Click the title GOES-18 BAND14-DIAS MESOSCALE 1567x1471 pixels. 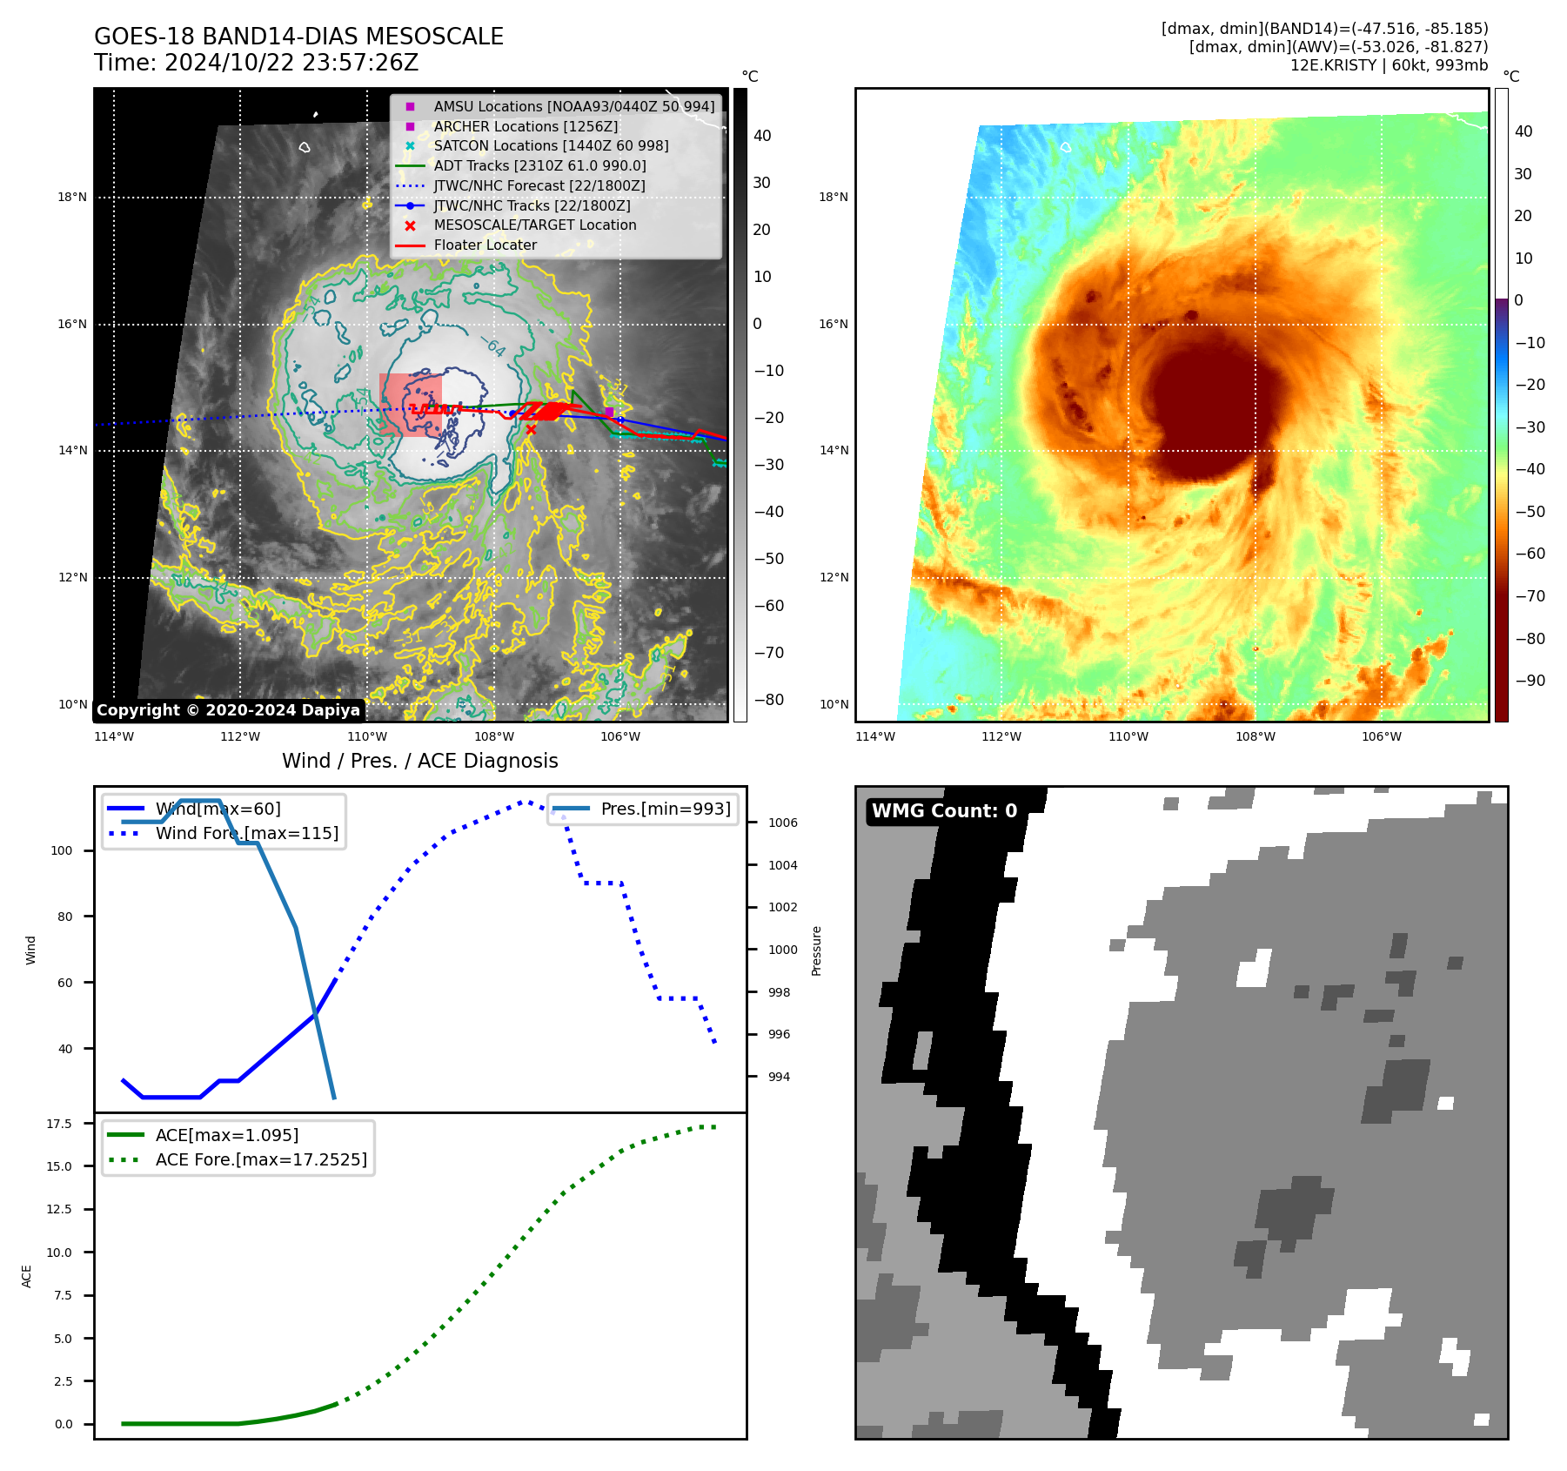pos(298,37)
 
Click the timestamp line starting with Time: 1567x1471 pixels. pos(256,63)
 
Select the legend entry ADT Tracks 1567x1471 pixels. pos(539,165)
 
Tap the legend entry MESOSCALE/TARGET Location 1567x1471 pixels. pos(534,225)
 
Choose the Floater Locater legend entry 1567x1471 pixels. pos(485,245)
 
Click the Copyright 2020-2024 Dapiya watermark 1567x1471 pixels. pos(228,710)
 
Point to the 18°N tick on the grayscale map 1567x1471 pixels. pos(73,198)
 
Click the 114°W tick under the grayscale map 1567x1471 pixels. pos(114,736)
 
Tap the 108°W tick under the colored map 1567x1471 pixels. pos(1255,736)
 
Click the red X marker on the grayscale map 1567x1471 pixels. pos(531,429)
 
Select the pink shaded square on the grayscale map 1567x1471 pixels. pos(411,405)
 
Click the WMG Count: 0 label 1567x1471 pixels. pos(944,811)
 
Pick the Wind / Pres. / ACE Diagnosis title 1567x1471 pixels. pos(419,761)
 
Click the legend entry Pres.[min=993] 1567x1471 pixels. pos(666,809)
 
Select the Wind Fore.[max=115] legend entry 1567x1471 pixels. pos(246,833)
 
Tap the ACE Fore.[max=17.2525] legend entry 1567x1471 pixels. pos(261,1159)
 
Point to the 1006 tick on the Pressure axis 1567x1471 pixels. pos(782,823)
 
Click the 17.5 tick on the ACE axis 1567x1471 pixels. pos(59,1124)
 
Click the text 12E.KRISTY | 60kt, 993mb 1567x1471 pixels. pos(1389,65)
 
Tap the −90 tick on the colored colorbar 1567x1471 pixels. pos(1530,681)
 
